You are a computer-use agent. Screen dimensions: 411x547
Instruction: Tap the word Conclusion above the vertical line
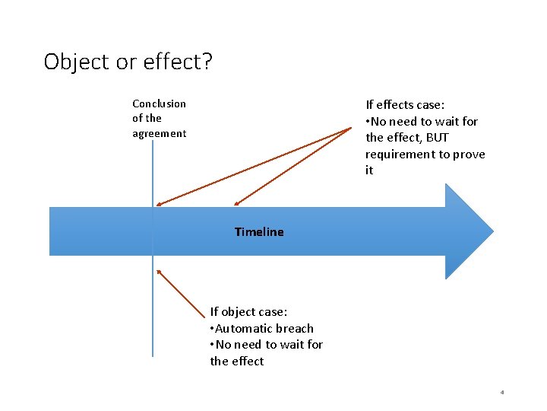tap(159, 104)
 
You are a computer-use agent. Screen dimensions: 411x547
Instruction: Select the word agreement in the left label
tap(159, 133)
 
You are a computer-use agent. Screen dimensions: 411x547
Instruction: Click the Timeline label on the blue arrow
tap(259, 232)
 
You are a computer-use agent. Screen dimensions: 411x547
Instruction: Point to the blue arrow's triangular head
tap(467, 231)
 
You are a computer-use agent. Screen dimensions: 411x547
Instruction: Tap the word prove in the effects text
tap(468, 155)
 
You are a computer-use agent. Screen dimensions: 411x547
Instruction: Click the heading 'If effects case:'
tap(405, 105)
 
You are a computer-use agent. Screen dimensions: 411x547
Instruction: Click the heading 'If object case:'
tap(248, 311)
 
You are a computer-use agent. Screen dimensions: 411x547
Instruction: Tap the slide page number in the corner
tap(502, 393)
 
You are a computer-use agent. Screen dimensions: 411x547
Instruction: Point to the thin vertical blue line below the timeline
tap(153, 320)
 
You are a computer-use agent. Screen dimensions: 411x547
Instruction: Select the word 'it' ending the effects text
tap(369, 170)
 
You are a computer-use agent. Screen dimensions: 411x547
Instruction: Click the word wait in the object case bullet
tap(291, 345)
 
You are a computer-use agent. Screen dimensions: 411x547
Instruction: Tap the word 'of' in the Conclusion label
tap(137, 119)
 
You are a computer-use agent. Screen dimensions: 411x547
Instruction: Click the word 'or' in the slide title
tap(125, 62)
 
